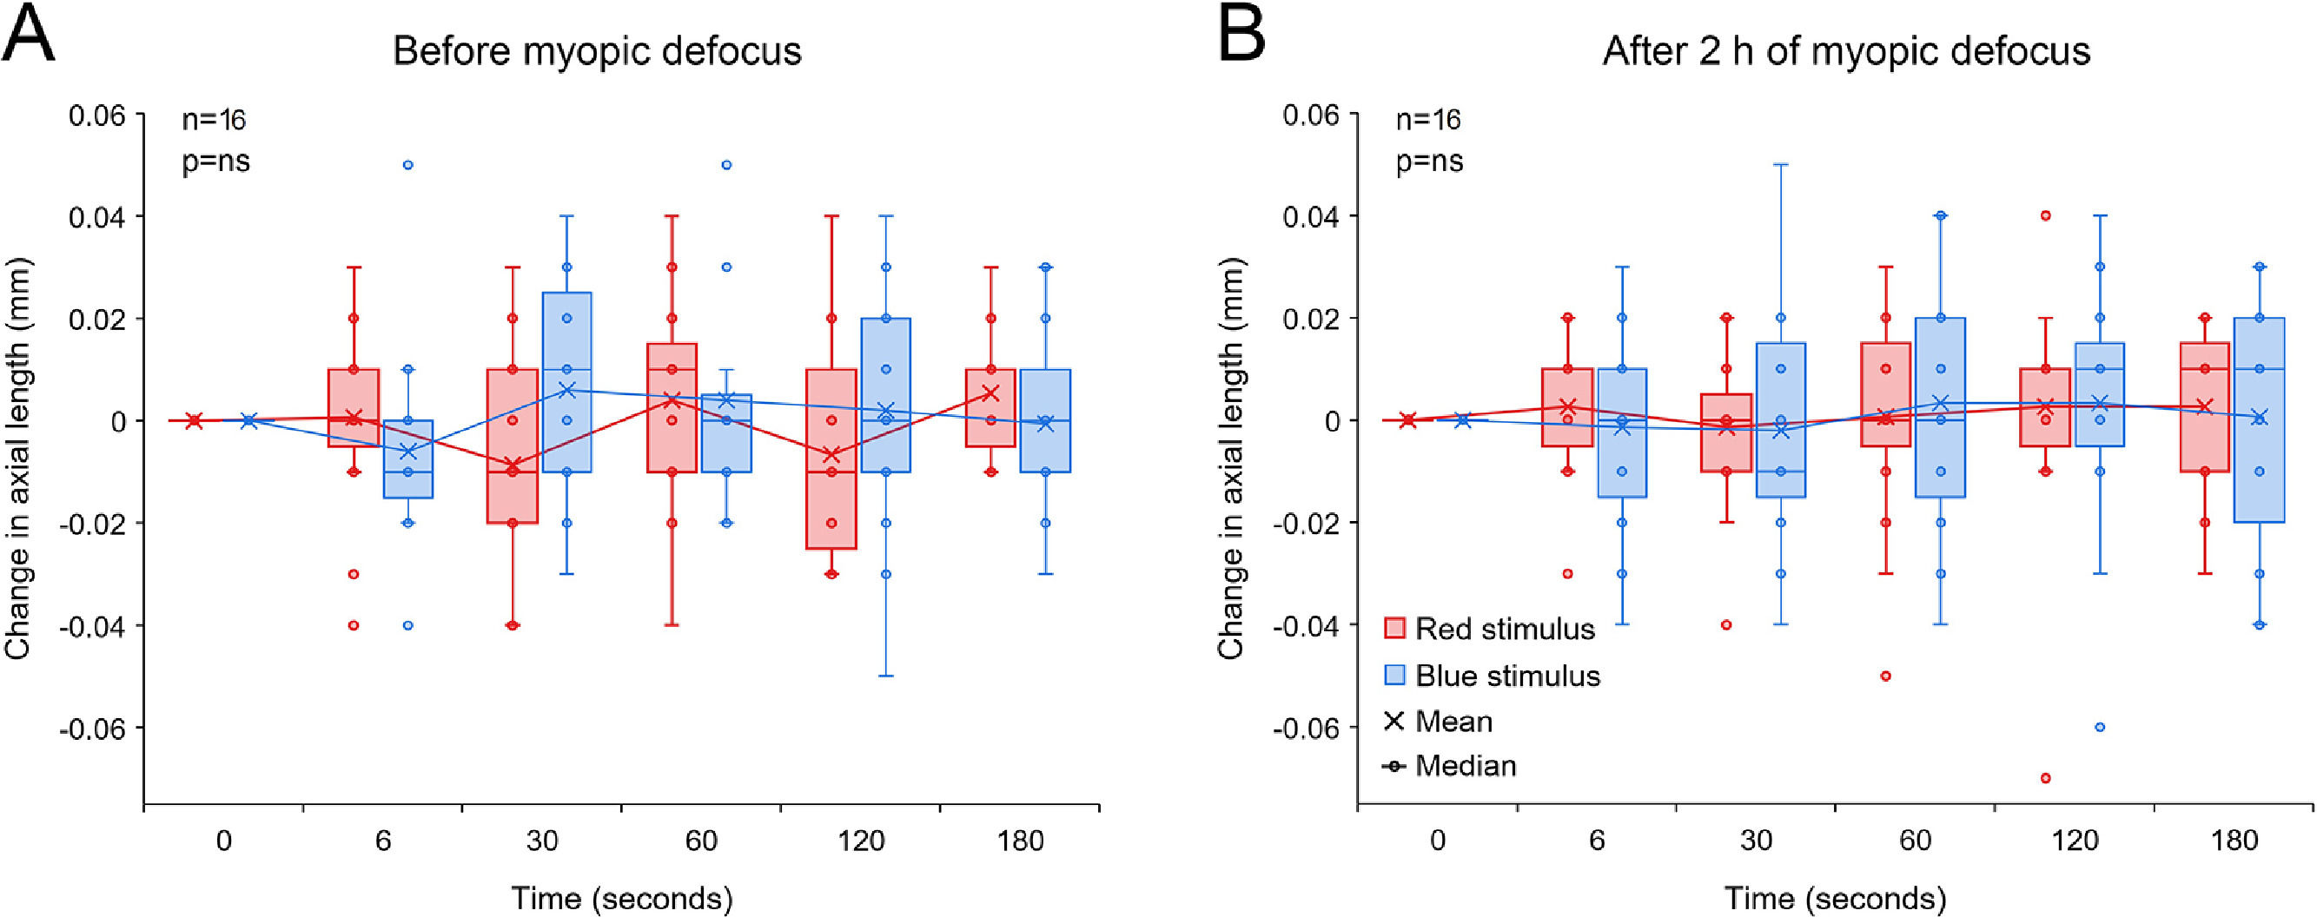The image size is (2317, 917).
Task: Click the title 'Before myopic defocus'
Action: [x=597, y=51]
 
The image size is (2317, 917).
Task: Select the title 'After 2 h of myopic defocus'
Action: [x=1845, y=51]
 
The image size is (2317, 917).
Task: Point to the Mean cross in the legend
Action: [x=1394, y=721]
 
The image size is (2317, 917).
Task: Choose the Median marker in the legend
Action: [x=1394, y=766]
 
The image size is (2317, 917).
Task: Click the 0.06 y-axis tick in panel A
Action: [x=98, y=116]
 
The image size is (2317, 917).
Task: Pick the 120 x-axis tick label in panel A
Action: [x=861, y=841]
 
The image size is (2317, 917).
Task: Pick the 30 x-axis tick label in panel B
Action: [x=1756, y=841]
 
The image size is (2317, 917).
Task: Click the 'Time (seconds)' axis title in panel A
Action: [x=621, y=898]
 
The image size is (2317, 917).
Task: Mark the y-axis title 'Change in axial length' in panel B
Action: [x=1229, y=458]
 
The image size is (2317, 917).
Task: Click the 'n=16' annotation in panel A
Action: [x=214, y=120]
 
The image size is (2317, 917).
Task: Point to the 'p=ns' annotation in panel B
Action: [x=1430, y=162]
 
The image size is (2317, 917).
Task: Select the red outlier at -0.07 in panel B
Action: [x=2045, y=778]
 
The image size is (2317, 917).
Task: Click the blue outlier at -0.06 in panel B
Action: [x=2100, y=727]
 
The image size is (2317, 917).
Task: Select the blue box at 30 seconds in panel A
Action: [x=566, y=382]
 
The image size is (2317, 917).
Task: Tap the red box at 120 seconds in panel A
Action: [x=831, y=458]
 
